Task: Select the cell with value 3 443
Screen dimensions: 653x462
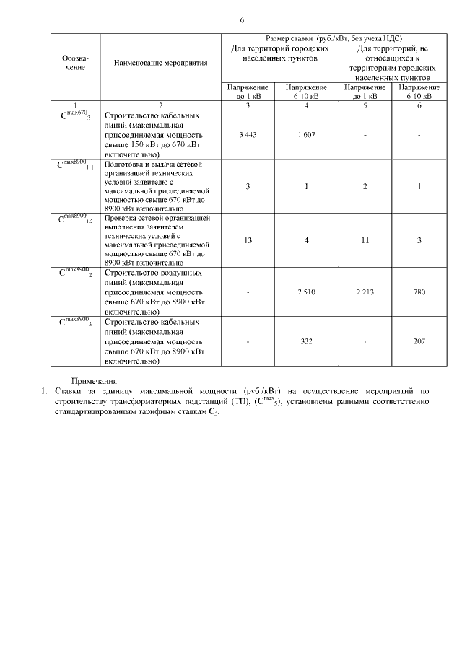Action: point(248,135)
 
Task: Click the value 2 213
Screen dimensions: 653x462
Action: point(367,292)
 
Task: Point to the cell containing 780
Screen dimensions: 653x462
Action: point(419,292)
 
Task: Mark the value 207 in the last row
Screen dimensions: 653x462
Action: point(419,341)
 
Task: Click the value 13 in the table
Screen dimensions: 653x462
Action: point(248,240)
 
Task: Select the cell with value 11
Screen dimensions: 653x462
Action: point(367,240)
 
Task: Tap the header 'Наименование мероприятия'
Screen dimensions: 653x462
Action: point(161,63)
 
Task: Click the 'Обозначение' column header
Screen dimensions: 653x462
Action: point(75,63)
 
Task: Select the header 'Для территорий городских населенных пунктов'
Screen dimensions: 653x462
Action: point(278,53)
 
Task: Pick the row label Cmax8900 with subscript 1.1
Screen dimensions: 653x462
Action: point(76,165)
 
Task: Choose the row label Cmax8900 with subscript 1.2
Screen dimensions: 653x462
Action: point(76,218)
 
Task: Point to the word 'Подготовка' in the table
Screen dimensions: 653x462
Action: point(126,165)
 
